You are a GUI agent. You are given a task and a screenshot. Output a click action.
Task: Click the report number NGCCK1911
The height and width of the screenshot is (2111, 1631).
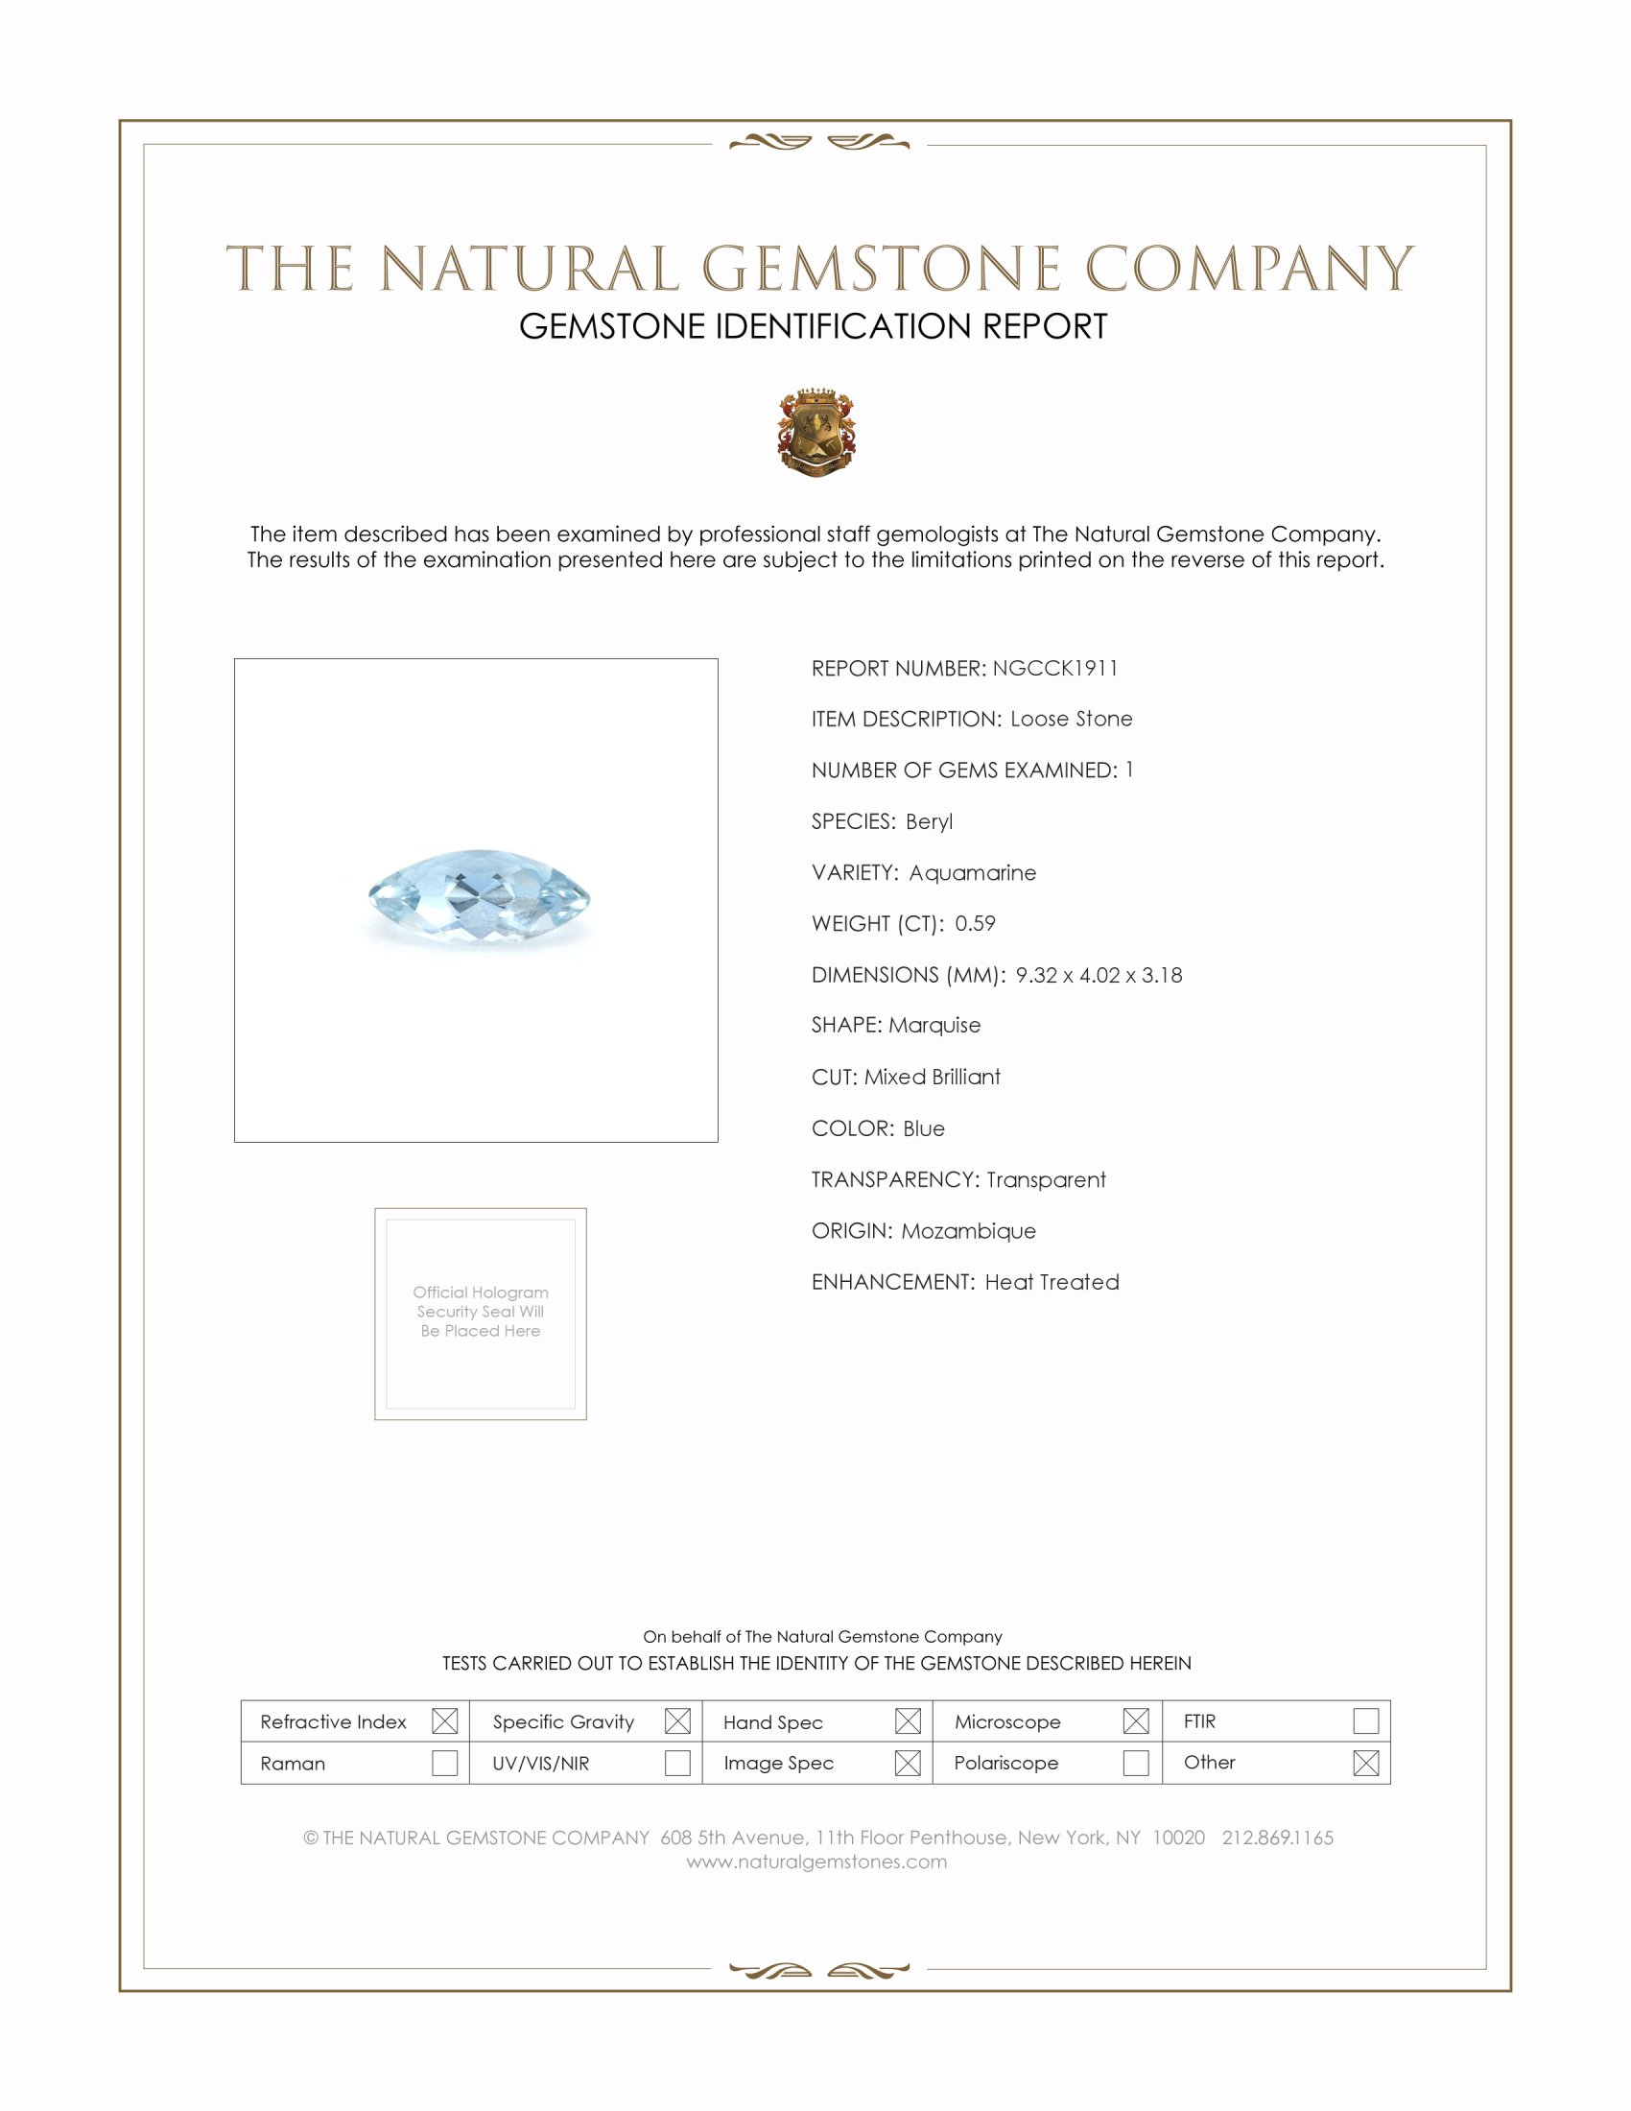tap(1054, 668)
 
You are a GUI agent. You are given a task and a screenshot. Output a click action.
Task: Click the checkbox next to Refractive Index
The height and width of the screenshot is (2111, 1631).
tap(444, 1720)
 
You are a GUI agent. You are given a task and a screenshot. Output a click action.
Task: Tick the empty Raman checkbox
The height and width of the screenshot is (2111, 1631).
tap(444, 1762)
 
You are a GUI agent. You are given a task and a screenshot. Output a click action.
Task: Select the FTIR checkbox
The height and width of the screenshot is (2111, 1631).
tap(1365, 1720)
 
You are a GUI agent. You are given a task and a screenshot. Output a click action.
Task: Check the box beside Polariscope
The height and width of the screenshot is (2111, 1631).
tap(1136, 1762)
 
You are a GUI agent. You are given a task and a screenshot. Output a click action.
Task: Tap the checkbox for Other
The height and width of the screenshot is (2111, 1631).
tap(1365, 1762)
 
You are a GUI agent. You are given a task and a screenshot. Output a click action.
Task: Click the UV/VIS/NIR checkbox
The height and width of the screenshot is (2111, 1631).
tap(677, 1762)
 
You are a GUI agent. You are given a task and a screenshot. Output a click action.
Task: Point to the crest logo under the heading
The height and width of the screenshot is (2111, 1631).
tap(816, 432)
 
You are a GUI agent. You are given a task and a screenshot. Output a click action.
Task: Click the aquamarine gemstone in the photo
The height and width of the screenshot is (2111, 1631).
tap(480, 897)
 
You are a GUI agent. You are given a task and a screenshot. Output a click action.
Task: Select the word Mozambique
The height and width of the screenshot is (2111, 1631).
tap(968, 1230)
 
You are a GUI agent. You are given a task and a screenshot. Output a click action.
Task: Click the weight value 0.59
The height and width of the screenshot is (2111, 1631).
tap(975, 923)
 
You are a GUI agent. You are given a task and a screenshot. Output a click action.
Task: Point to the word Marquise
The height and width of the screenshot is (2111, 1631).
tap(934, 1025)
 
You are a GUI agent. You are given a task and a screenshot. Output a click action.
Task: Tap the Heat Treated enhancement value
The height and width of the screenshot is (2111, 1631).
tap(1052, 1282)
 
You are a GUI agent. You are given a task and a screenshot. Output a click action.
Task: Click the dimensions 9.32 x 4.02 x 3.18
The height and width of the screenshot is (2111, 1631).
tap(1099, 974)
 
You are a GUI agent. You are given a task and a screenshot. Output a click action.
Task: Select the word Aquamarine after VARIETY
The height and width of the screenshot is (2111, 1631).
tap(972, 873)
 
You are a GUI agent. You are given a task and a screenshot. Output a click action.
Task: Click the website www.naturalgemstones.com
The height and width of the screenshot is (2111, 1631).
tap(816, 1862)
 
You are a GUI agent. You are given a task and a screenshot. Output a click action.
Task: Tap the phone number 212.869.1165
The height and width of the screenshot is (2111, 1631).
tap(1277, 1838)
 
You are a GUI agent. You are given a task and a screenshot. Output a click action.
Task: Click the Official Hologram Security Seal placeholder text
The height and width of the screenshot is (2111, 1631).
tap(481, 1311)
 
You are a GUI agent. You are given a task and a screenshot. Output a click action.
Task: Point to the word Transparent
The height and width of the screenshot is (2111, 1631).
tap(1046, 1179)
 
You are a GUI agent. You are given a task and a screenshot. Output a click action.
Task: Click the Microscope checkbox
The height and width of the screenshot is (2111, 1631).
tap(1136, 1720)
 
